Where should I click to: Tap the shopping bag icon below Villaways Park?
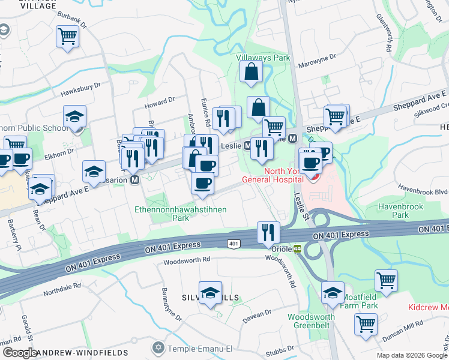(x=251, y=71)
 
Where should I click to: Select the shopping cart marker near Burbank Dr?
(x=67, y=36)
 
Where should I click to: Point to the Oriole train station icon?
(x=297, y=248)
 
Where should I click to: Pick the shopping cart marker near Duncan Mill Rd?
(x=366, y=323)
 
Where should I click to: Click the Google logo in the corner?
(x=19, y=353)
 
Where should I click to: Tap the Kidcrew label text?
(x=427, y=307)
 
